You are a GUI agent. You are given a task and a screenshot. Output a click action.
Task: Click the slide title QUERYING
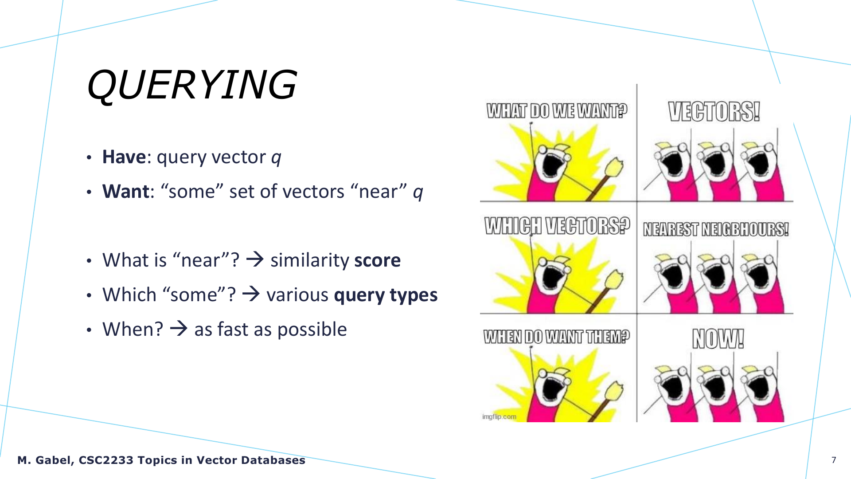(191, 85)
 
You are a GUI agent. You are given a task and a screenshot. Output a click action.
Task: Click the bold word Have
(124, 157)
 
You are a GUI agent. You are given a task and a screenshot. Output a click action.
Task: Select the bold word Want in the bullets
(126, 192)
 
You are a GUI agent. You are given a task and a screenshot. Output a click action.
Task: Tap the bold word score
(377, 260)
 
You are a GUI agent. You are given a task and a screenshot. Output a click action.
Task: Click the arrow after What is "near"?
(255, 259)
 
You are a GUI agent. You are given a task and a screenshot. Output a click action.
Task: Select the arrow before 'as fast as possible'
(179, 329)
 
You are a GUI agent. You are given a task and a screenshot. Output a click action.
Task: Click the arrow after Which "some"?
(251, 294)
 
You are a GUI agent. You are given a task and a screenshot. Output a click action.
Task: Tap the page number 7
(834, 460)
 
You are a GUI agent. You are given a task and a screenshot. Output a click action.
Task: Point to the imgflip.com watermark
(499, 416)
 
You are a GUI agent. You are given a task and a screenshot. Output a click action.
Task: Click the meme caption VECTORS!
(714, 111)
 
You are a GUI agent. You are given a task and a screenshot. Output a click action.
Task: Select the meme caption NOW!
(718, 339)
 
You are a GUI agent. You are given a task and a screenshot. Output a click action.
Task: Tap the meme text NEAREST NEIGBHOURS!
(716, 229)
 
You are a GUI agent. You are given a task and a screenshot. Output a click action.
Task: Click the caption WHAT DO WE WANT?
(557, 111)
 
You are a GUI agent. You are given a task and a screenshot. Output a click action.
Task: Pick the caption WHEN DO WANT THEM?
(556, 337)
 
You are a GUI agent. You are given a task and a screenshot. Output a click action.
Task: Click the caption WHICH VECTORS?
(557, 226)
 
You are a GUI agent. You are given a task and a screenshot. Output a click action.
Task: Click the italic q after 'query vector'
(276, 158)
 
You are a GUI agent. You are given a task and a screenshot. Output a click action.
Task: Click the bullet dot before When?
(89, 330)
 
